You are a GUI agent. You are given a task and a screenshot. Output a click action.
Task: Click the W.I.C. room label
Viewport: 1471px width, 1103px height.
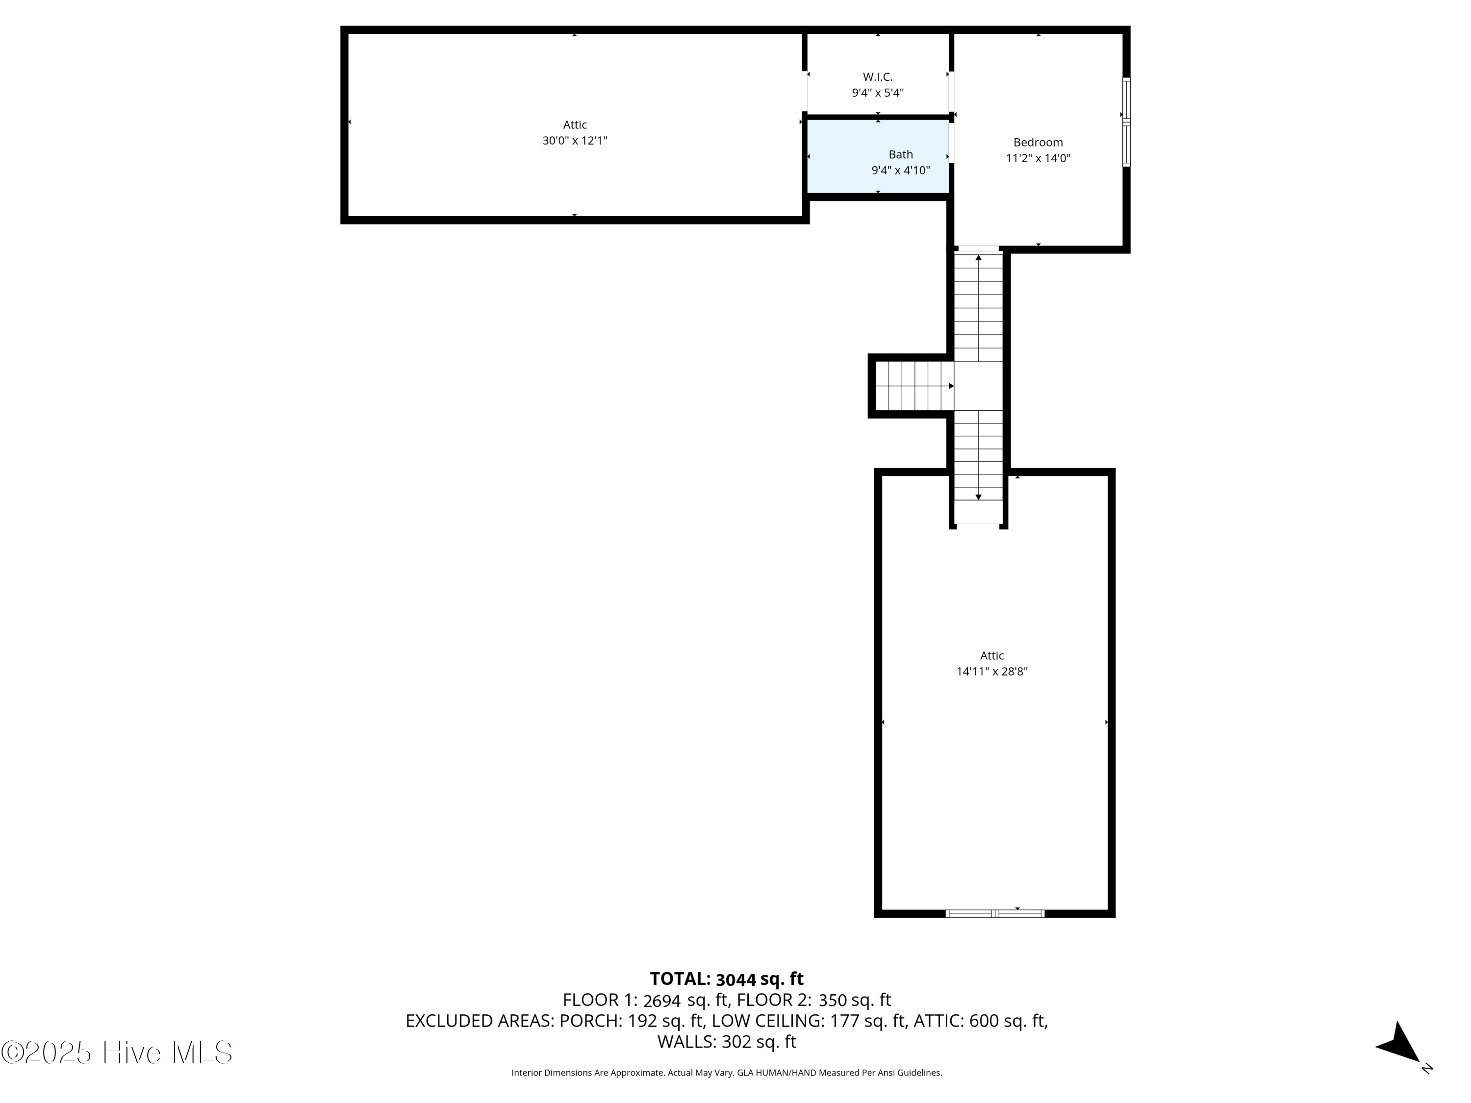click(x=878, y=77)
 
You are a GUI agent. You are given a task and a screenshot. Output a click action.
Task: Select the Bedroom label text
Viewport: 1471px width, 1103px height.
click(x=1038, y=142)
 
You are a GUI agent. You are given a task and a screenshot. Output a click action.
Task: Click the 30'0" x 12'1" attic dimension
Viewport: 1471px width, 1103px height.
click(x=575, y=140)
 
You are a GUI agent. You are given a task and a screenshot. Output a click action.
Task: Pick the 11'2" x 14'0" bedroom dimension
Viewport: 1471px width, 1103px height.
click(x=1038, y=158)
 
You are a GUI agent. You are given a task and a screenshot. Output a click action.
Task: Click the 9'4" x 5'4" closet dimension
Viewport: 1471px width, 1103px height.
click(x=878, y=93)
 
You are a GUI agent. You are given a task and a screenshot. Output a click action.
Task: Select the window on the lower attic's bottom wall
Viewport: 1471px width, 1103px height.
click(x=995, y=913)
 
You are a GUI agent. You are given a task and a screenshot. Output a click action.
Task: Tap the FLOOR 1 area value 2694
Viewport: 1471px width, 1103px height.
click(x=661, y=1001)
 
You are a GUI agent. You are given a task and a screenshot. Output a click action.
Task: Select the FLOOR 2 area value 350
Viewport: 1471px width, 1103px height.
click(x=833, y=1001)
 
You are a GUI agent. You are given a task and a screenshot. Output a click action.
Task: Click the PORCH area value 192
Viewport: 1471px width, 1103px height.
click(x=642, y=1021)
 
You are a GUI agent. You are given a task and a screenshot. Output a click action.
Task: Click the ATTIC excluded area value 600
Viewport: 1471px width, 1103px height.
click(x=984, y=1021)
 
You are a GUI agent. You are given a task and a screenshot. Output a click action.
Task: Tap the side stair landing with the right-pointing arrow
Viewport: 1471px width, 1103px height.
click(x=914, y=386)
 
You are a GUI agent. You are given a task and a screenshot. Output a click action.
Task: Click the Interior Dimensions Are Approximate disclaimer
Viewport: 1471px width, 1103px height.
click(x=726, y=1073)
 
